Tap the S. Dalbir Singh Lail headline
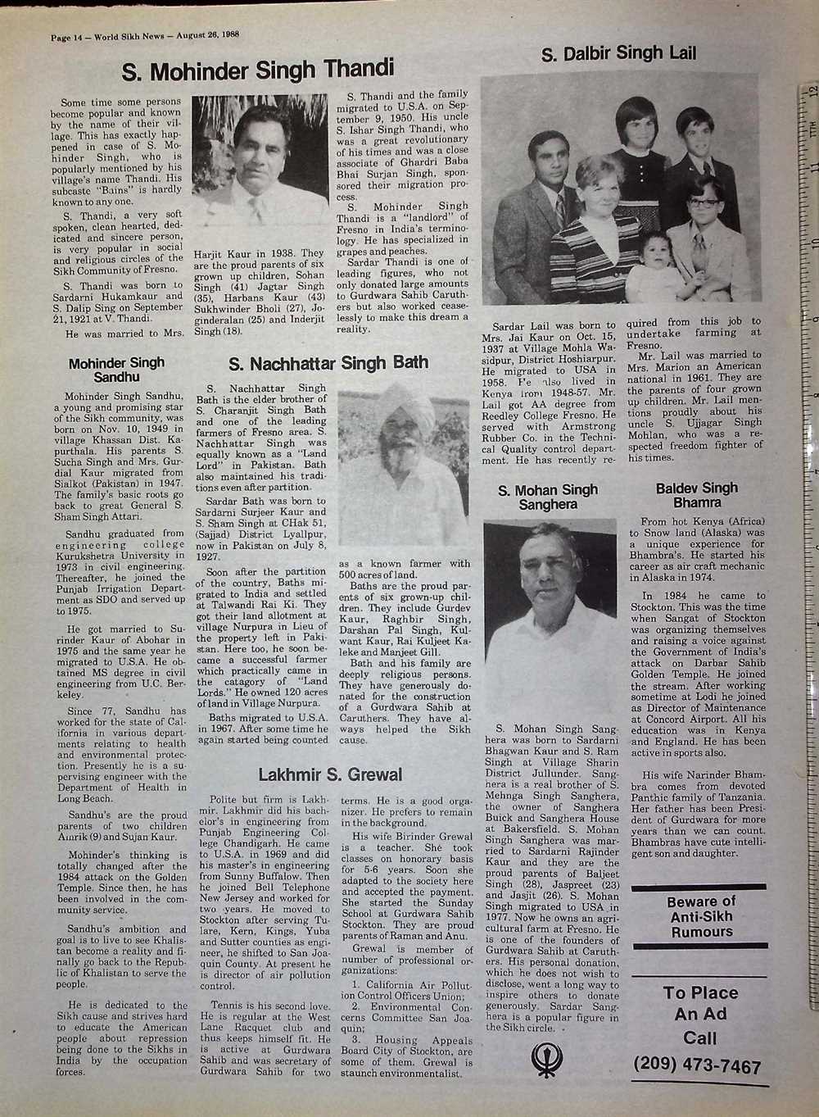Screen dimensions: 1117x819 619,54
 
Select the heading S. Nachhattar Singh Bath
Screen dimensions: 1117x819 328,363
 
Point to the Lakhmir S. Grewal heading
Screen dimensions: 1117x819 330,774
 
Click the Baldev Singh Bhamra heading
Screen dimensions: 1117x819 697,494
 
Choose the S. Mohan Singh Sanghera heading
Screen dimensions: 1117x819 548,497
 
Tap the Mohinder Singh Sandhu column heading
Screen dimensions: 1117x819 116,370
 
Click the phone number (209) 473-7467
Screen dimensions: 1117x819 697,1066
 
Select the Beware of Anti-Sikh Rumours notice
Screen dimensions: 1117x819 701,916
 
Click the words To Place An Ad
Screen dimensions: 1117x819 700,1003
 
